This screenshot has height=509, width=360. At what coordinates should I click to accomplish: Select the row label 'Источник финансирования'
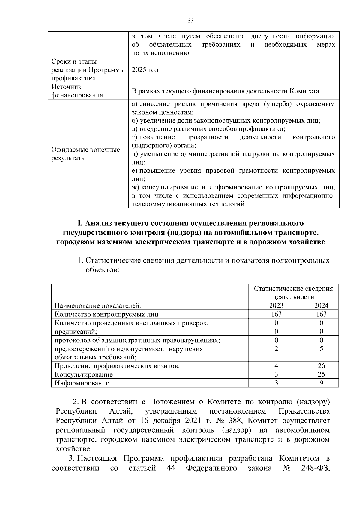click(x=77, y=91)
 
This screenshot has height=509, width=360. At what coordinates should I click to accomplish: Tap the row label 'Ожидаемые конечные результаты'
click(x=85, y=154)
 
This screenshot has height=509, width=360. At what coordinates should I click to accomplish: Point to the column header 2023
click(x=276, y=305)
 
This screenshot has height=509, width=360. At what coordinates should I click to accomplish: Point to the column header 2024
click(x=321, y=305)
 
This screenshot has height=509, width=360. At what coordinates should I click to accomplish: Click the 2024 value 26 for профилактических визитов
click(x=321, y=366)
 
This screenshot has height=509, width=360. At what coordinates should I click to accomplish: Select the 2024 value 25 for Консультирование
click(x=321, y=374)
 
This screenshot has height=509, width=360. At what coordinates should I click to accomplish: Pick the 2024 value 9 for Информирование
click(x=321, y=383)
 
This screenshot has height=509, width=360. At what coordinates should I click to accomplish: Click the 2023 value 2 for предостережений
click(x=276, y=349)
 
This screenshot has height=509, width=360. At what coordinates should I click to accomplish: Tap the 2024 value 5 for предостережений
click(x=321, y=349)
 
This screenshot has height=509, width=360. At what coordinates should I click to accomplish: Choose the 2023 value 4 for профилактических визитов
click(x=276, y=366)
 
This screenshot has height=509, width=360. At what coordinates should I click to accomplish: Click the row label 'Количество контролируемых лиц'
click(x=106, y=314)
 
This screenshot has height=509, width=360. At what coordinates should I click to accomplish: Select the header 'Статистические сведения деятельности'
click(x=293, y=293)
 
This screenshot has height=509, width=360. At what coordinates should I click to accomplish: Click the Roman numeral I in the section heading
click(x=79, y=223)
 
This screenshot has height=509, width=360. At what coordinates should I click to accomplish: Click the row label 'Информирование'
click(x=82, y=383)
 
